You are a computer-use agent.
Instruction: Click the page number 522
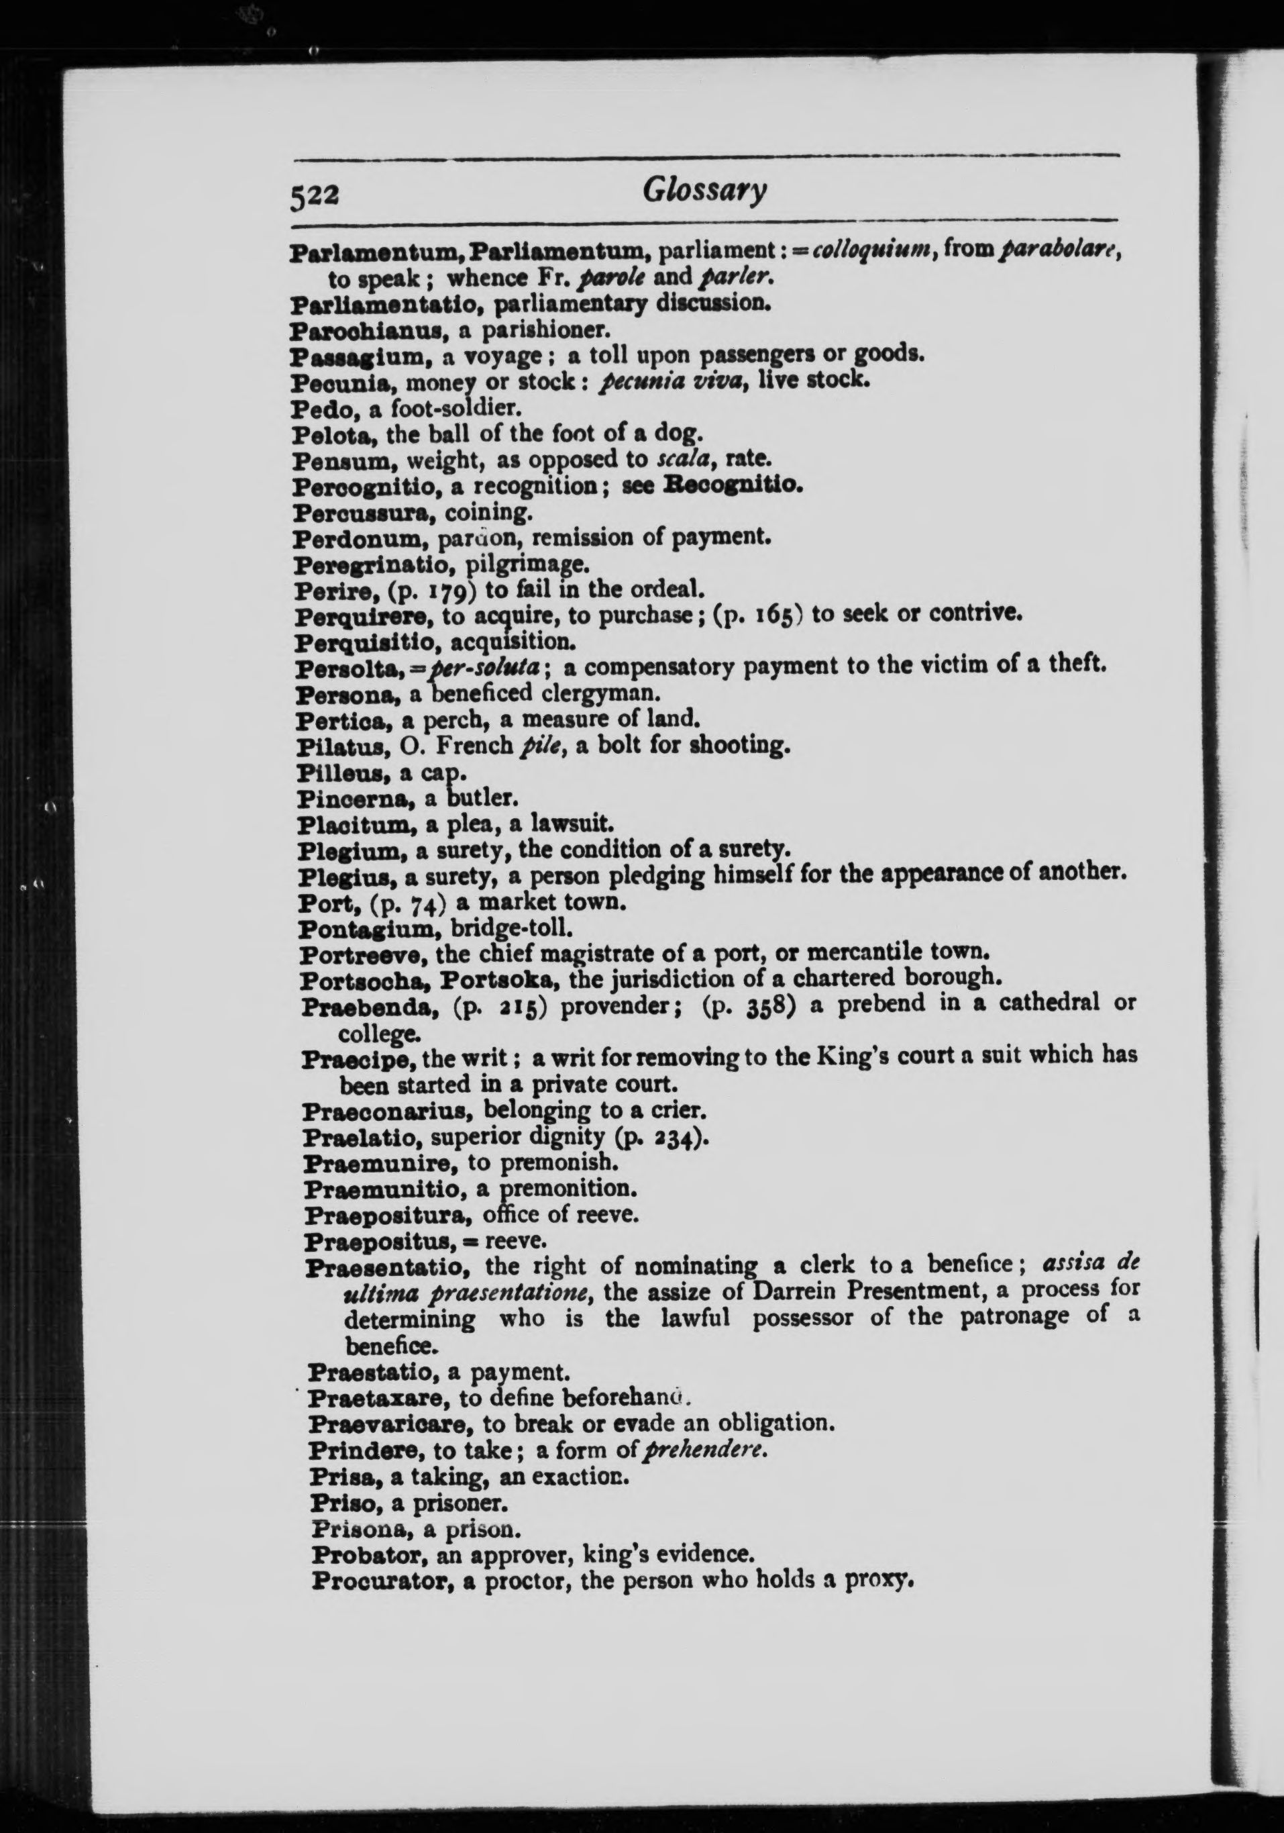315,195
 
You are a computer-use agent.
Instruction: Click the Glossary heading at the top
704,191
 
